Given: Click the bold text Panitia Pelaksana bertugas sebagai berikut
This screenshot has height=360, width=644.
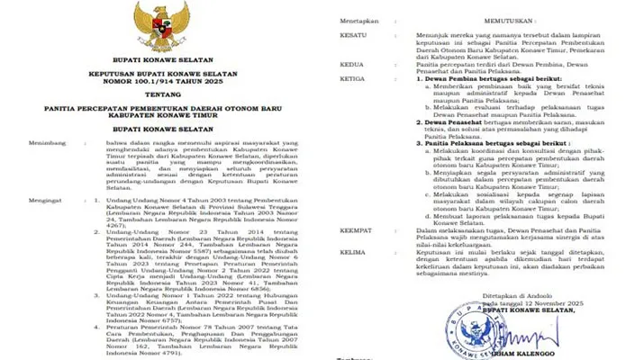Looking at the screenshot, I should point(488,168).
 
